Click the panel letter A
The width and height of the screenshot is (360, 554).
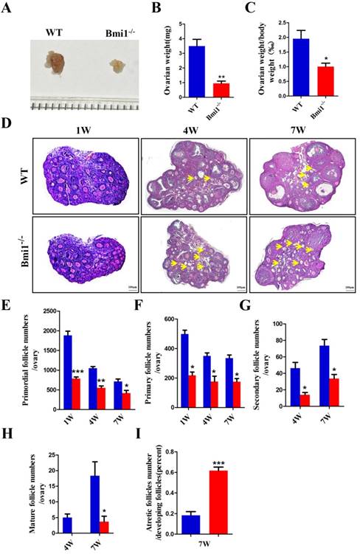click(10, 10)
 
